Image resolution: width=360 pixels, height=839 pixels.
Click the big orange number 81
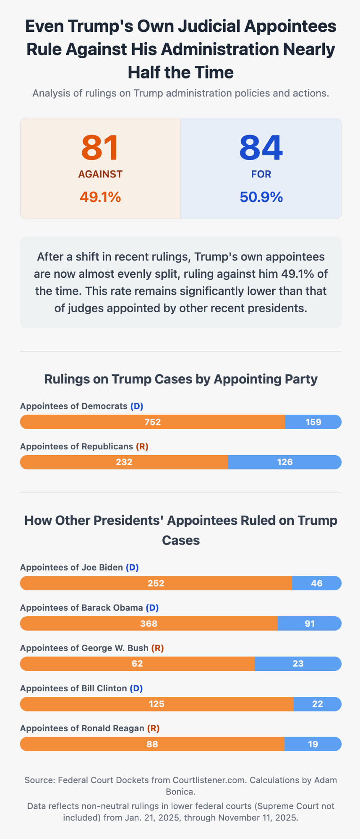pyautogui.click(x=100, y=148)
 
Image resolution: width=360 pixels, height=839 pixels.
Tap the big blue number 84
pyautogui.click(x=261, y=148)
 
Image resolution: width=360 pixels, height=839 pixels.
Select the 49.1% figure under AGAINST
pyautogui.click(x=100, y=196)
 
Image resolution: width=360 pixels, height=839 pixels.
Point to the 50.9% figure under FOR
pyautogui.click(x=261, y=196)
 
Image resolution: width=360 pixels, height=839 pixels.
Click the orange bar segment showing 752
pyautogui.click(x=153, y=422)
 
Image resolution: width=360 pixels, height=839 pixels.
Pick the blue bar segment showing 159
pyautogui.click(x=313, y=422)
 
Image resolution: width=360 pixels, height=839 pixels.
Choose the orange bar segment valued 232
pyautogui.click(x=124, y=462)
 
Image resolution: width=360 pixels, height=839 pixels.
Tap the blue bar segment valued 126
pyautogui.click(x=285, y=462)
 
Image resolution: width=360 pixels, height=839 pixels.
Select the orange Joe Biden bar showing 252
pyautogui.click(x=156, y=583)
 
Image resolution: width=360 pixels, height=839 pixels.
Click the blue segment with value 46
pyautogui.click(x=317, y=583)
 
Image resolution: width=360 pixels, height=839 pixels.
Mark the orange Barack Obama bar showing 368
pyautogui.click(x=149, y=623)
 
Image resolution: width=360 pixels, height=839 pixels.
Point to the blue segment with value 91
pyautogui.click(x=310, y=623)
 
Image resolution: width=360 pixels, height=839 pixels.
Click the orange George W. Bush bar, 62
pyautogui.click(x=137, y=664)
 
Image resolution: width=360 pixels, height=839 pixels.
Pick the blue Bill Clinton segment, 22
pyautogui.click(x=318, y=704)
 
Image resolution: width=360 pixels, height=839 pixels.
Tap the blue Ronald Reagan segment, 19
pyautogui.click(x=313, y=744)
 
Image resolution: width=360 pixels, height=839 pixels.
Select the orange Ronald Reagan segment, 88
pyautogui.click(x=152, y=744)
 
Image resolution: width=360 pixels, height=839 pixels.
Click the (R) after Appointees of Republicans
pyautogui.click(x=142, y=446)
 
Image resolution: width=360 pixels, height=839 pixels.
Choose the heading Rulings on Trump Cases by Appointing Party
pyautogui.click(x=181, y=379)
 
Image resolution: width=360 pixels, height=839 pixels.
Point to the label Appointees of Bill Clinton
pyautogui.click(x=73, y=688)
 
